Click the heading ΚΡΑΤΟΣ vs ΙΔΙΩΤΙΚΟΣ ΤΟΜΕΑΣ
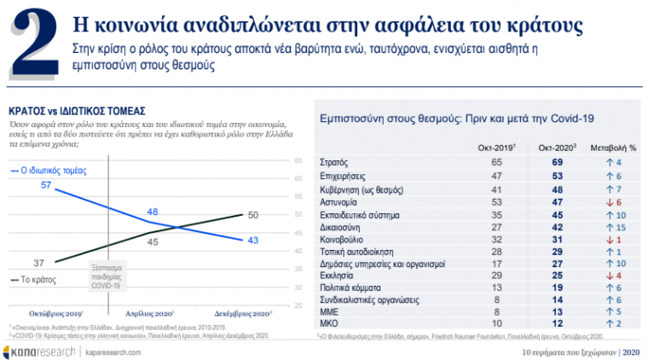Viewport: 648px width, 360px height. pyautogui.click(x=77, y=111)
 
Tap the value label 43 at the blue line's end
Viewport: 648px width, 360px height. pyautogui.click(x=253, y=241)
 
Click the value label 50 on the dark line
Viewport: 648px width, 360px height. pyautogui.click(x=253, y=215)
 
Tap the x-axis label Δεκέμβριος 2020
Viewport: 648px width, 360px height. pyautogui.click(x=247, y=313)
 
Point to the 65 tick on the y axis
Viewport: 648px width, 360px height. pyautogui.click(x=298, y=160)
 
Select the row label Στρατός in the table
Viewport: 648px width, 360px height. pyautogui.click(x=333, y=162)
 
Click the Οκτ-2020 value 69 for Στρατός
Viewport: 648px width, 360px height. pyautogui.click(x=558, y=162)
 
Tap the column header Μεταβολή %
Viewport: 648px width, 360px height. pyautogui.click(x=614, y=148)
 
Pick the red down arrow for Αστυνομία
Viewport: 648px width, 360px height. pyautogui.click(x=607, y=203)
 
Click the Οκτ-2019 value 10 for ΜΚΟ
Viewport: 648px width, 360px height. pyautogui.click(x=496, y=324)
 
